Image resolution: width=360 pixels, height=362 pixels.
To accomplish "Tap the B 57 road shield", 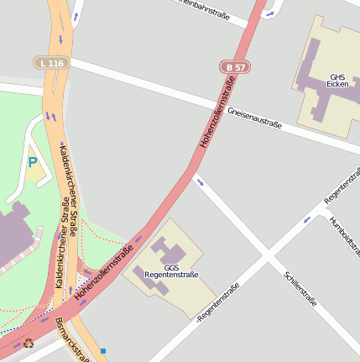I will pos(235,66).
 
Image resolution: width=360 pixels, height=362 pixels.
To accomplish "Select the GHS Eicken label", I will pos(337,81).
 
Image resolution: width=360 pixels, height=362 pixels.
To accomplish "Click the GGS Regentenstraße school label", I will pos(171,270).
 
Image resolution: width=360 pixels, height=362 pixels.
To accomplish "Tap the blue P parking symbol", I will pos(33,162).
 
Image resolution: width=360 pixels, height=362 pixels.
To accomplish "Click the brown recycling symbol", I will pos(29,343).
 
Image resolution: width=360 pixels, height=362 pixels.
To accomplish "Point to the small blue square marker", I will pos(103,350).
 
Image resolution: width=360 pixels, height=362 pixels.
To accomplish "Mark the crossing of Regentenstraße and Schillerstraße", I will pos(267,253).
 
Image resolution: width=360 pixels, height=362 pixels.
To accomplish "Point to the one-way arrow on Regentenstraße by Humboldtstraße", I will pos(306,219).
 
